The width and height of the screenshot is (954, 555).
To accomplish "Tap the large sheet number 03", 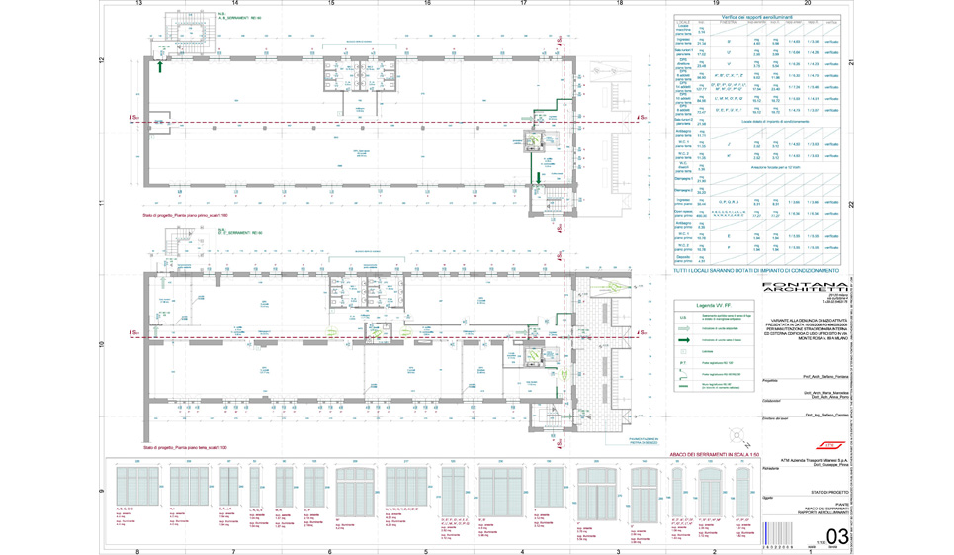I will click(836, 536).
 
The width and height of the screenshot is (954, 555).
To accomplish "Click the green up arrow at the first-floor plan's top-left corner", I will click(161, 67).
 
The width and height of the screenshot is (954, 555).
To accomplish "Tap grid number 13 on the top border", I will click(139, 5).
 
